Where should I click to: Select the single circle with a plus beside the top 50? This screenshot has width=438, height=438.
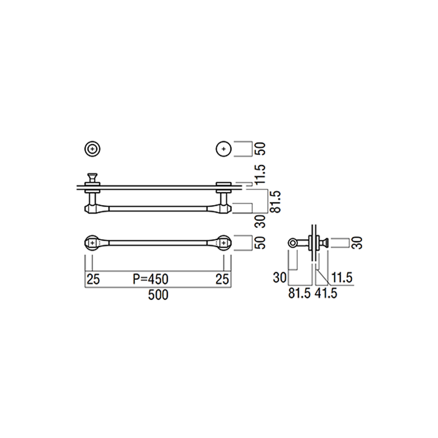(x=223, y=149)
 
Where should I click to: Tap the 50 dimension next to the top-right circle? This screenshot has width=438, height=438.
(x=260, y=149)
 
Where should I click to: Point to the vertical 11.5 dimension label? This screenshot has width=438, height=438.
(x=260, y=174)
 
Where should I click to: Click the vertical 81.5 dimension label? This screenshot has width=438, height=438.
(x=276, y=201)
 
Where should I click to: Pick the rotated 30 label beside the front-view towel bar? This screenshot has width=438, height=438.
(x=260, y=221)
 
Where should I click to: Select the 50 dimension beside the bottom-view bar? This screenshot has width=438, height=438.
(x=260, y=243)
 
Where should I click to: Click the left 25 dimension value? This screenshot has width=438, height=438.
(x=93, y=279)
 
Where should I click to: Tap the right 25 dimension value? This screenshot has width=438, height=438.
(x=223, y=279)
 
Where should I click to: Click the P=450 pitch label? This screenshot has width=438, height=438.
(x=151, y=279)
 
